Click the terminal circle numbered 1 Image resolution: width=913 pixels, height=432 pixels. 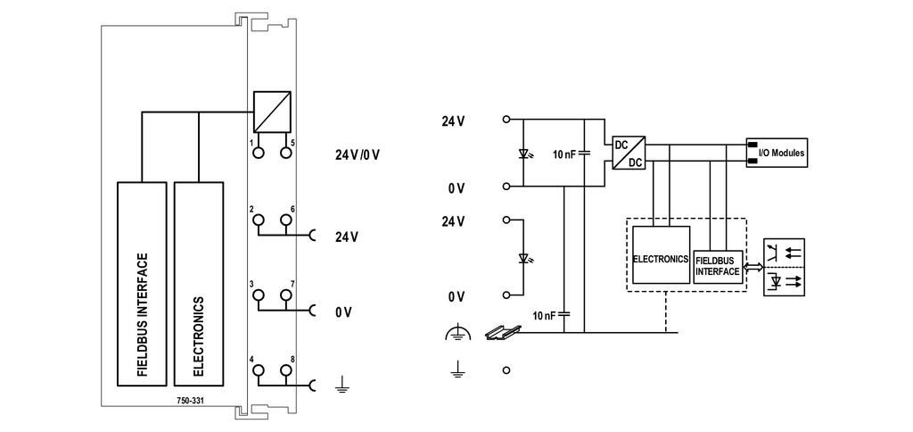click(258, 152)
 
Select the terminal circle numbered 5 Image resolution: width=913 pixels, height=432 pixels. click(285, 152)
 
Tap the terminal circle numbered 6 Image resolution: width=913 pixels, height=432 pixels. click(285, 220)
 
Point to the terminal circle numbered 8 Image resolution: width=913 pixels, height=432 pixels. click(285, 370)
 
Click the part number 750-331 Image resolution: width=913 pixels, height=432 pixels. click(190, 401)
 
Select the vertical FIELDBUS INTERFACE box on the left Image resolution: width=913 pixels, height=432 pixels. click(142, 284)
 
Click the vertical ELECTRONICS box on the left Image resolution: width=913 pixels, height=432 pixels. click(198, 284)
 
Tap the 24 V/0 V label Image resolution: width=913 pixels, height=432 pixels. click(357, 155)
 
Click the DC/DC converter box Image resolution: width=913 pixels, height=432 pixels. click(629, 153)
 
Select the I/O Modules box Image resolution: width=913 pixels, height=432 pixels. click(777, 153)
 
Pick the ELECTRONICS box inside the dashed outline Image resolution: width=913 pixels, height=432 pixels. click(661, 254)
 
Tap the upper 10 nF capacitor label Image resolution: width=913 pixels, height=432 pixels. click(564, 154)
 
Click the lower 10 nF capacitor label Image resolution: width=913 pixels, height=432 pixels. click(545, 315)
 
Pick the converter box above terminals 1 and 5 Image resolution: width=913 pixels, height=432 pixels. click(272, 112)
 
